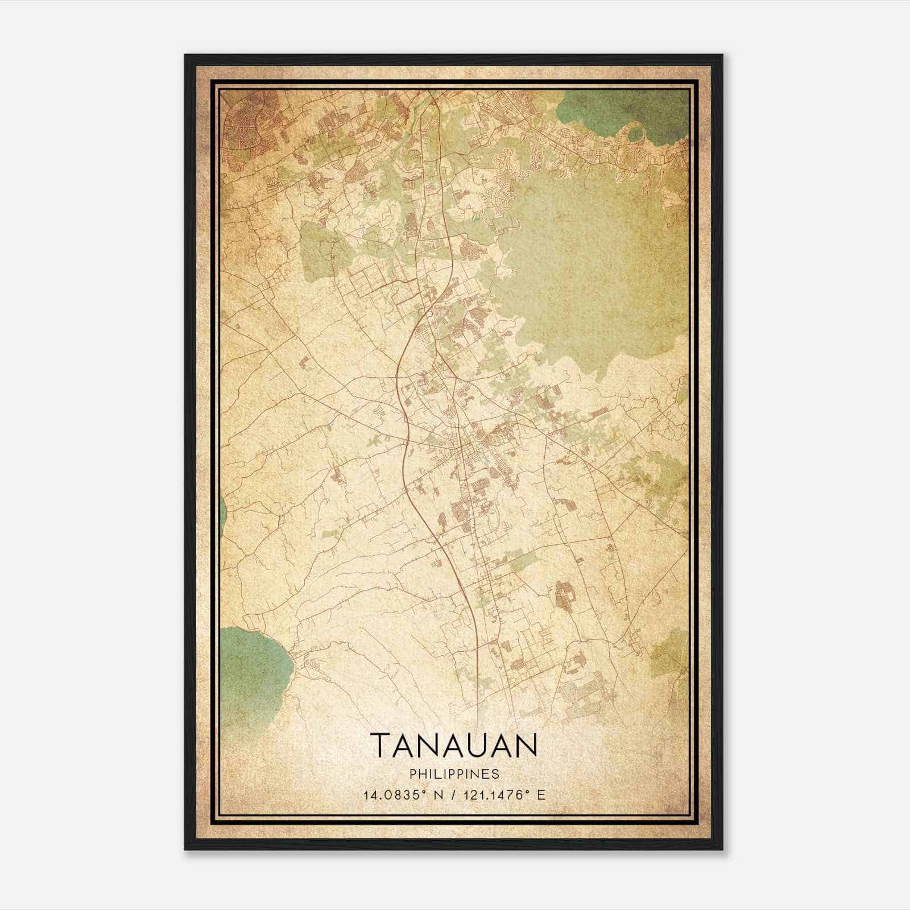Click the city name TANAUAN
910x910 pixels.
pyautogui.click(x=454, y=745)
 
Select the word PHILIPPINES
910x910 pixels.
pyautogui.click(x=454, y=774)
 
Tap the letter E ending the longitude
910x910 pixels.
pyautogui.click(x=541, y=795)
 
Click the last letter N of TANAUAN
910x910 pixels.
pyautogui.click(x=527, y=745)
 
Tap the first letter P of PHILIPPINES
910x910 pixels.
pyautogui.click(x=411, y=774)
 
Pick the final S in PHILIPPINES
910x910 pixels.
pyautogui.click(x=497, y=774)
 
